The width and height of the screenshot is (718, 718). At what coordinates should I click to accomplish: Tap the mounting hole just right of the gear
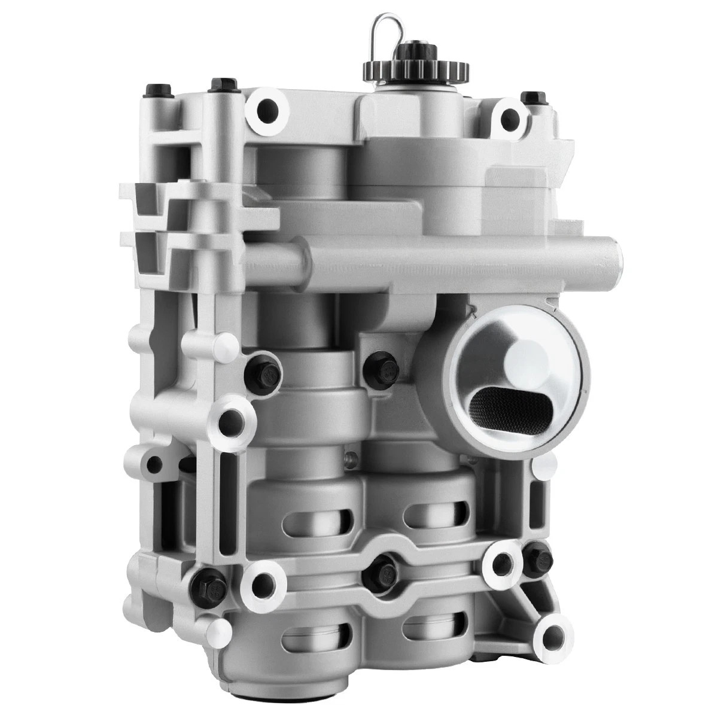(x=509, y=117)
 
